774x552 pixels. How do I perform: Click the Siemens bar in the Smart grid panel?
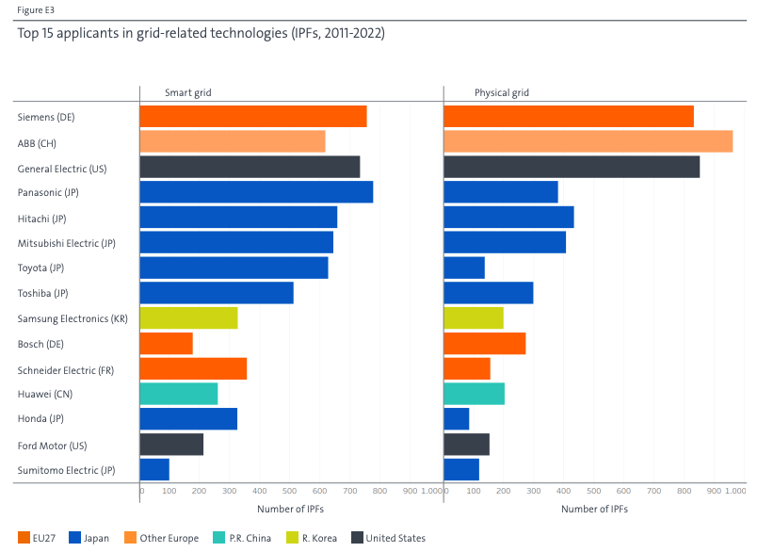point(252,117)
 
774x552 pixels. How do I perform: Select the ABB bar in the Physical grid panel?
point(588,141)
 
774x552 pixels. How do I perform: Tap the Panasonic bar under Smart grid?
point(256,192)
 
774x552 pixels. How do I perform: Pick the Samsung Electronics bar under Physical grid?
point(474,318)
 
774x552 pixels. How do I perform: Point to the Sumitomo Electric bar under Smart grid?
point(154,469)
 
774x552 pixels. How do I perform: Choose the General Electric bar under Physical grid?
point(572,167)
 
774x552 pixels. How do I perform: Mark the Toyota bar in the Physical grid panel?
point(464,268)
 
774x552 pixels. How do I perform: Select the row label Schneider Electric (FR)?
point(66,369)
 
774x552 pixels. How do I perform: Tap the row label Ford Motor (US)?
point(54,445)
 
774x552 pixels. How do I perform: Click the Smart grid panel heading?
point(186,92)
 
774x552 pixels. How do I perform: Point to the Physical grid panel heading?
point(501,92)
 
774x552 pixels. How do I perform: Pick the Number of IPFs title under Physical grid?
point(594,509)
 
